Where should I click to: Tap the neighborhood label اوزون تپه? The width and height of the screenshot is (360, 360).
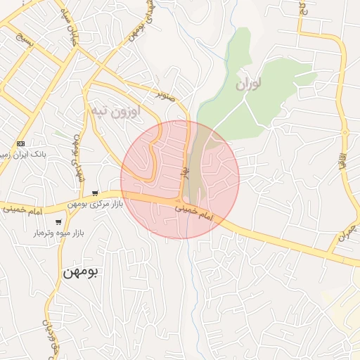click(x=115, y=111)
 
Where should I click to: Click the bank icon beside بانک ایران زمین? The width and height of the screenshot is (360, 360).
click(x=20, y=143)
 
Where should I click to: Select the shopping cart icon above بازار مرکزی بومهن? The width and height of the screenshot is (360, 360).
click(x=94, y=193)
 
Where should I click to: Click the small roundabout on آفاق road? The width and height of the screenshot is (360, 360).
click(x=345, y=132)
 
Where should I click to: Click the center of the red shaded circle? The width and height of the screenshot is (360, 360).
click(x=180, y=179)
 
